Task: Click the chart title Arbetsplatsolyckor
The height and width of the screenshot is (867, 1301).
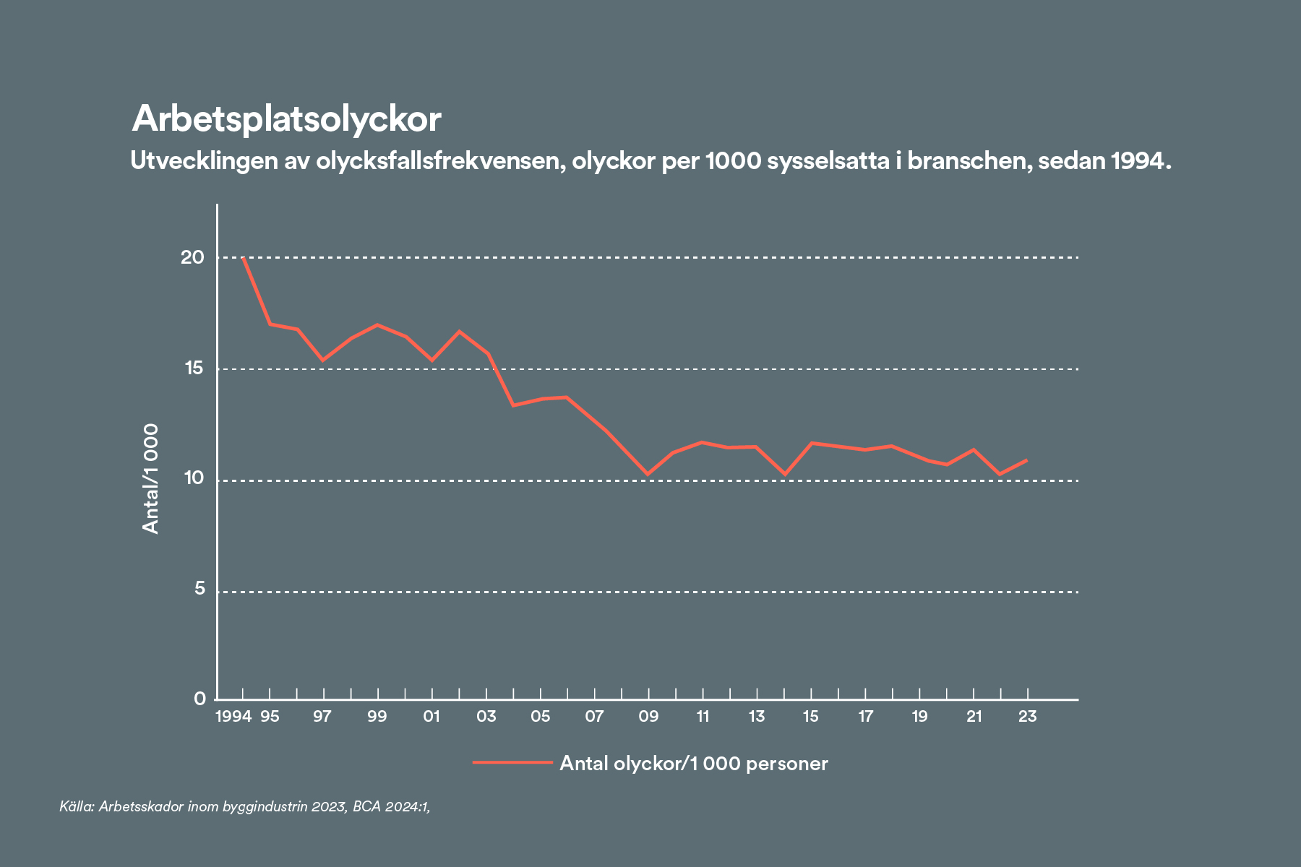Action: click(x=286, y=119)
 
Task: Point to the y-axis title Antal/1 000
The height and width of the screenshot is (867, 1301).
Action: click(x=150, y=479)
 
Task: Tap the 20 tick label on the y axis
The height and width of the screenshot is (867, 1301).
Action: click(x=193, y=257)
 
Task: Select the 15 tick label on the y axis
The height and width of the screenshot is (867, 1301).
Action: click(x=194, y=368)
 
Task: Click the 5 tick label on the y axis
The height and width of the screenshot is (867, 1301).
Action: click(x=199, y=590)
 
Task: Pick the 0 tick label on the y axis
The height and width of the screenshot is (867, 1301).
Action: click(x=199, y=699)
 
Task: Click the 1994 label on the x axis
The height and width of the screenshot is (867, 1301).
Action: click(x=233, y=717)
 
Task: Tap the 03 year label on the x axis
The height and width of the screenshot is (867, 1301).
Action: click(x=486, y=717)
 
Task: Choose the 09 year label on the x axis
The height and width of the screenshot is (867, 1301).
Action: click(x=648, y=717)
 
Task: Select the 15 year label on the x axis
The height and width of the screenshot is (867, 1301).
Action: click(x=811, y=717)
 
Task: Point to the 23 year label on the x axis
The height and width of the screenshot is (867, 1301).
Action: click(x=1027, y=717)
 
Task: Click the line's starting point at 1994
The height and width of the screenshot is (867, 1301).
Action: click(x=244, y=258)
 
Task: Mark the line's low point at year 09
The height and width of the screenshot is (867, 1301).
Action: click(x=648, y=475)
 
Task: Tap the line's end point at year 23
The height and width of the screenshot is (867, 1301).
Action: click(x=1026, y=460)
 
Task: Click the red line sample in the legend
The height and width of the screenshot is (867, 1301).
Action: click(x=512, y=762)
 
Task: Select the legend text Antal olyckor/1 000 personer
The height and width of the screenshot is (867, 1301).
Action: click(x=694, y=764)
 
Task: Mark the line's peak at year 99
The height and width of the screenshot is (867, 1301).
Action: click(x=377, y=325)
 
